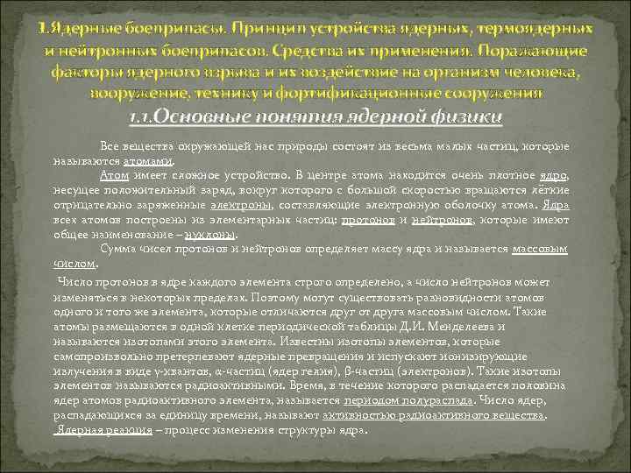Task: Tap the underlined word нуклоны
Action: [210, 235]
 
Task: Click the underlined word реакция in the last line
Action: [129, 432]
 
